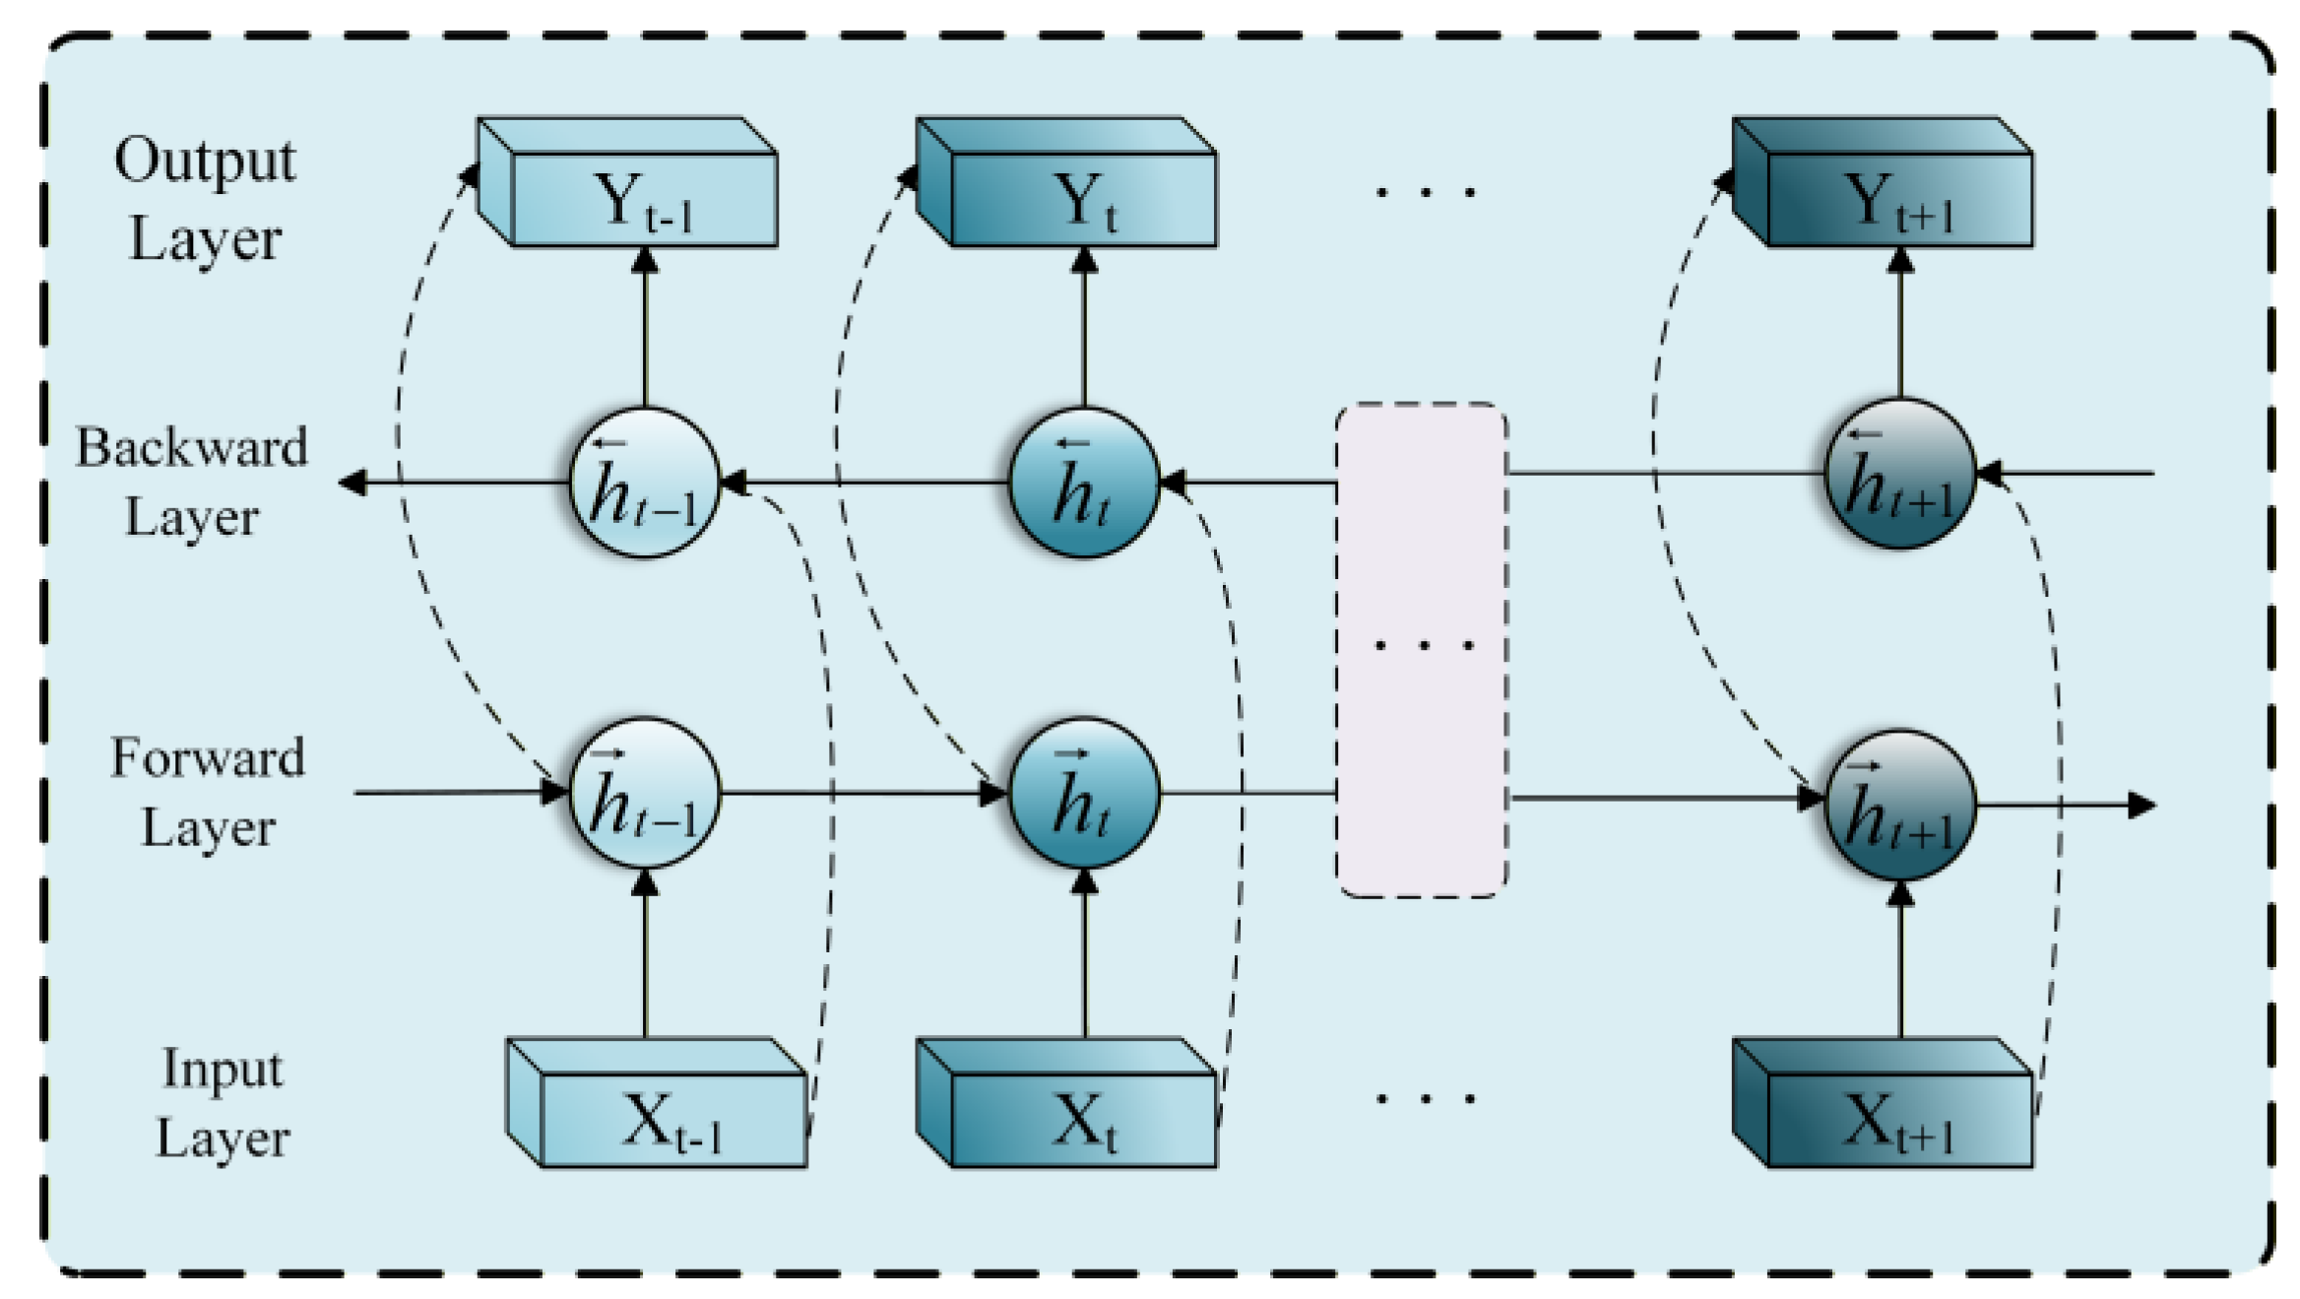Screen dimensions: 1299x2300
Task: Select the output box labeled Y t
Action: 1083,199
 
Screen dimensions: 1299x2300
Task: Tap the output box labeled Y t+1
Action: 1899,199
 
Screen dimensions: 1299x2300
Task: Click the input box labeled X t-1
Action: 673,1120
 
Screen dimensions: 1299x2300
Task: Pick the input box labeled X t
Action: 1083,1120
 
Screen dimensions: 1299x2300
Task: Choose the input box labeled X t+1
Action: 1899,1120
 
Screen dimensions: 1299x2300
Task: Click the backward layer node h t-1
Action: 645,483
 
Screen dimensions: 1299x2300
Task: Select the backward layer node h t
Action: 1084,483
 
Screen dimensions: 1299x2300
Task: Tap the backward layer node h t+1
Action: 1899,474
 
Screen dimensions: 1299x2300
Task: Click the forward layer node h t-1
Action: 645,792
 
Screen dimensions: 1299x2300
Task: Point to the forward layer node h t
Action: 1084,792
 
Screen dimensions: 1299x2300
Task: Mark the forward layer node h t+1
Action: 1899,805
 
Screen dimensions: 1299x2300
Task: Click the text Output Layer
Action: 205,199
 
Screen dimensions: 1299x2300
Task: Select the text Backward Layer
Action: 192,482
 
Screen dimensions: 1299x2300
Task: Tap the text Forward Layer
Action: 207,792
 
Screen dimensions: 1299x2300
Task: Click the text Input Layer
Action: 223,1103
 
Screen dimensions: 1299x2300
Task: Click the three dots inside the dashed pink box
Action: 1424,646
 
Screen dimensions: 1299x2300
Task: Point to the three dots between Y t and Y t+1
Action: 1424,192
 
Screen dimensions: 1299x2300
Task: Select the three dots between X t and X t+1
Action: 1424,1098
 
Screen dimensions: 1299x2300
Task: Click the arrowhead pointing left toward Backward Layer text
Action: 352,483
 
